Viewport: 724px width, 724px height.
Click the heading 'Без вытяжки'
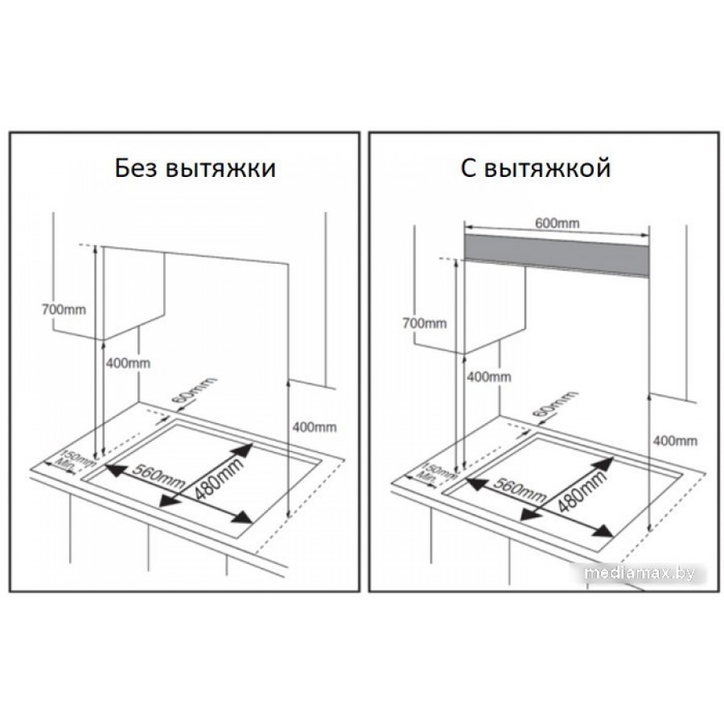pyautogui.click(x=195, y=169)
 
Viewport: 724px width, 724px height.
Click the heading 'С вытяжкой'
pyautogui.click(x=536, y=169)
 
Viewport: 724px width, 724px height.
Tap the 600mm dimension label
pyautogui.click(x=557, y=223)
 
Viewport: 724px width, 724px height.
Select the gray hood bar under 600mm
pyautogui.click(x=557, y=254)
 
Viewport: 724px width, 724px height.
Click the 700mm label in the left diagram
pyautogui.click(x=64, y=310)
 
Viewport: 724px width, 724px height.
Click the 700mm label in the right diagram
pyautogui.click(x=424, y=323)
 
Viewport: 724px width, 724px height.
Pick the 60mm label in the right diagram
pyautogui.click(x=555, y=408)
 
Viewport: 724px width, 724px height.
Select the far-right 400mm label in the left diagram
pyautogui.click(x=315, y=427)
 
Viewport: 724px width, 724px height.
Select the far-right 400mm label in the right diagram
pyautogui.click(x=675, y=441)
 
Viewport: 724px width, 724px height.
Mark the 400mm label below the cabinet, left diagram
pyautogui.click(x=129, y=364)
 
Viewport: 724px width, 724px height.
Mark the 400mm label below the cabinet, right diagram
pyautogui.click(x=489, y=377)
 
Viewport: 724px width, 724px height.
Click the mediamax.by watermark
pyautogui.click(x=640, y=573)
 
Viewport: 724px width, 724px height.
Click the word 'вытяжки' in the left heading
pyautogui.click(x=220, y=169)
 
